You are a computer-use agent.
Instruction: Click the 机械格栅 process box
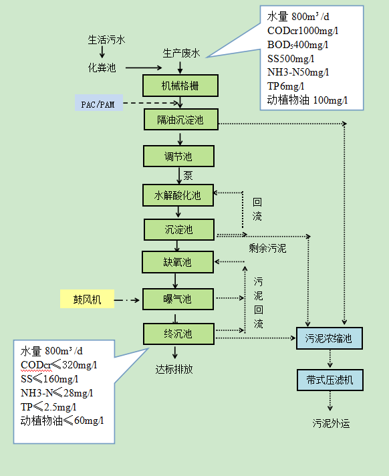[180, 85]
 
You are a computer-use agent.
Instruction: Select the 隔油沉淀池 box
[180, 120]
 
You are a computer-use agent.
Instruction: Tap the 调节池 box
[178, 156]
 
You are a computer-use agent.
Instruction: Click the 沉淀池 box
[178, 229]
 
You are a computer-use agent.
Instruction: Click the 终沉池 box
[178, 333]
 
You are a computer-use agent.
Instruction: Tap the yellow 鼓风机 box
[94, 299]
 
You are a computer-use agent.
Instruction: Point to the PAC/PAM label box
[98, 104]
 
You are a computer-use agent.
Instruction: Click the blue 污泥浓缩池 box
[329, 338]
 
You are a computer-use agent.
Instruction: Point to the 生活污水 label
[106, 39]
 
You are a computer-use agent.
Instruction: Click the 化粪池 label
[102, 68]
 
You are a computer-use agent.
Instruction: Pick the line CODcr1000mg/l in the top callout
[303, 30]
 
